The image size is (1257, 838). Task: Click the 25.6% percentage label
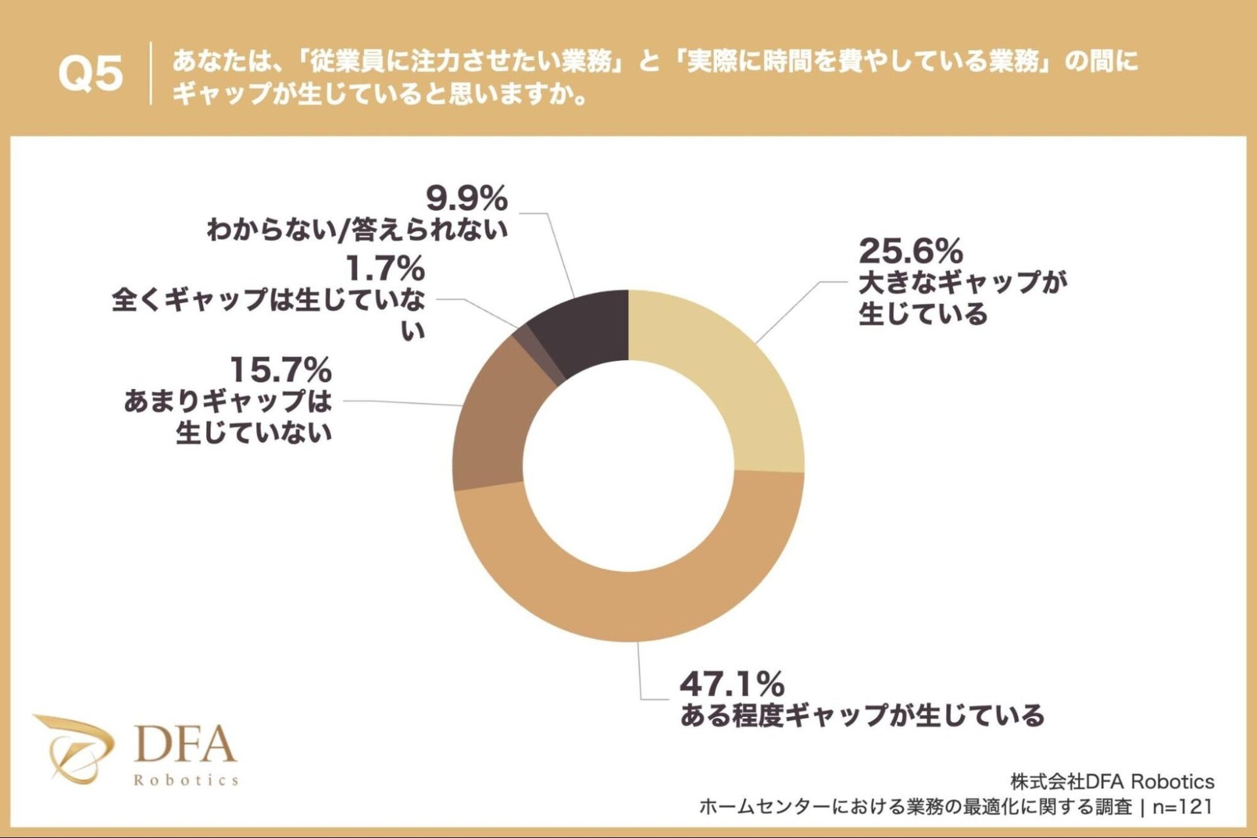pos(911,251)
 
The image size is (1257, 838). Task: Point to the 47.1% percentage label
pos(731,685)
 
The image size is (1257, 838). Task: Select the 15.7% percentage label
pos(280,371)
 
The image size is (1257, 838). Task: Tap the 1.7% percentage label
pos(384,268)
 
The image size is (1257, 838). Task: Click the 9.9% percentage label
pos(466,198)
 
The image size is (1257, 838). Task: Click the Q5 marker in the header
pos(90,73)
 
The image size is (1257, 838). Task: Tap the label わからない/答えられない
pos(357,230)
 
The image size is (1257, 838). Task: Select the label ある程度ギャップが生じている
pos(862,716)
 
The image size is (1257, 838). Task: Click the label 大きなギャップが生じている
pos(962,298)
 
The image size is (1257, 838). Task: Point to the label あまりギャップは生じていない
pos(228,416)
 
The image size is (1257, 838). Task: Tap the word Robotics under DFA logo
pos(186,780)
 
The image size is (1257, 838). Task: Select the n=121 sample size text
pos(1182,807)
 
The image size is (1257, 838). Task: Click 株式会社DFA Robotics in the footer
pos(1112,782)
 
